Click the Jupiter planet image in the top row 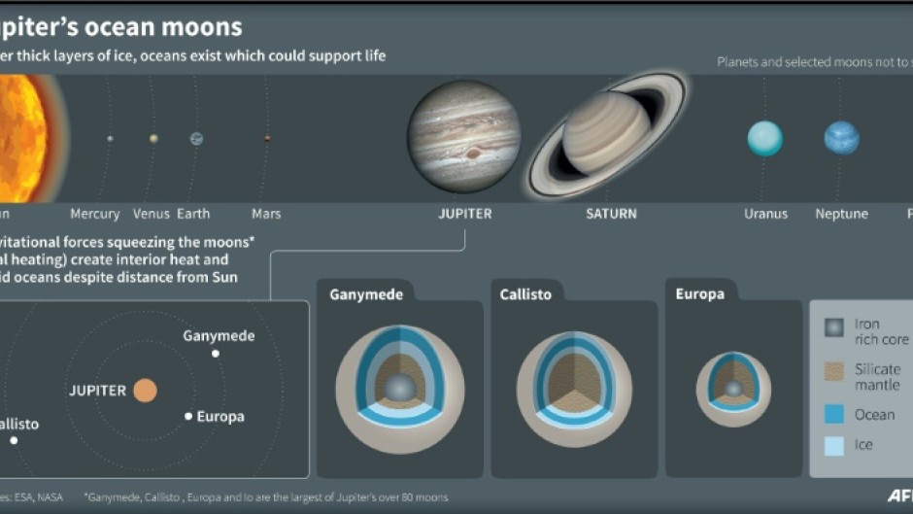tap(463, 137)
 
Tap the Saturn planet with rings tap(607, 132)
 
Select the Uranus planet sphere tap(764, 139)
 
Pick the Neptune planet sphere tap(841, 139)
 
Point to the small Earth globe tap(196, 139)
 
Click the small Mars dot tap(267, 139)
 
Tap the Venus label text tap(152, 214)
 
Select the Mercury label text tap(95, 214)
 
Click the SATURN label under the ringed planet tap(611, 214)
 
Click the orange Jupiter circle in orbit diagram tap(145, 391)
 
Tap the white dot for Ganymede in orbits tap(216, 354)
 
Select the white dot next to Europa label tap(188, 416)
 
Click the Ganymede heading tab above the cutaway tap(366, 294)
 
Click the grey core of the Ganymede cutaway tap(400, 390)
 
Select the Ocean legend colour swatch tap(834, 415)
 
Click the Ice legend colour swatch tap(834, 445)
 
